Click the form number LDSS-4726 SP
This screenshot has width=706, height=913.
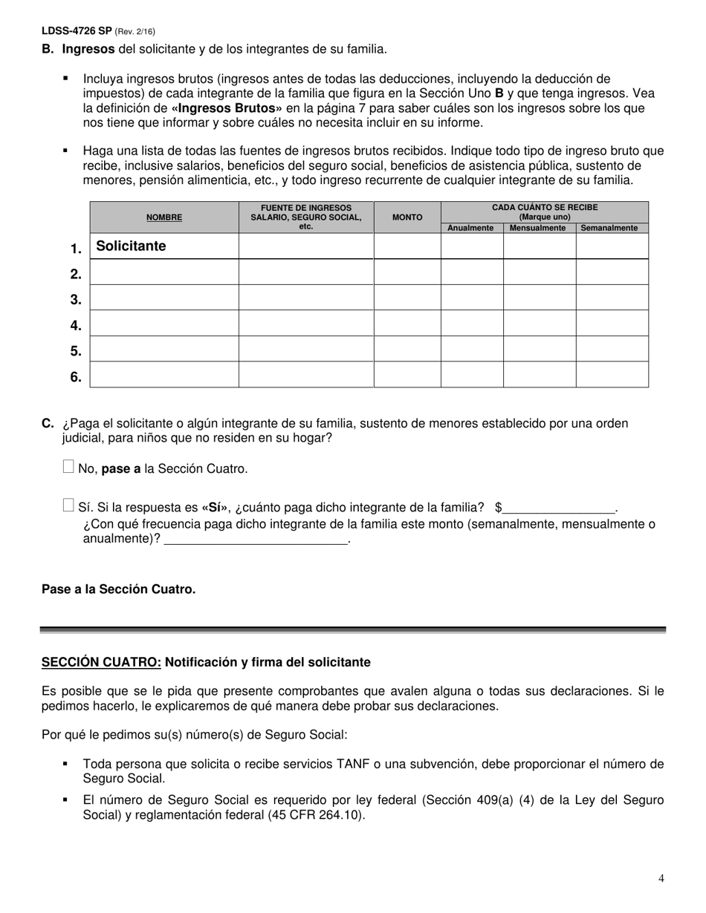77,31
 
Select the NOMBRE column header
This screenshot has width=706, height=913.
163,217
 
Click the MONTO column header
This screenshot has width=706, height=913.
407,217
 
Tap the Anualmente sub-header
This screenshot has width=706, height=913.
471,228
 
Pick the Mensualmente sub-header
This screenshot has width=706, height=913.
539,228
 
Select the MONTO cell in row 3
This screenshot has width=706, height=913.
407,298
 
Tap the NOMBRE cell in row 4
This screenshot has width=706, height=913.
163,323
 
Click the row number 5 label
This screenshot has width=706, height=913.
76,350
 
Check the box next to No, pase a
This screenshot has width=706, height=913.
68,467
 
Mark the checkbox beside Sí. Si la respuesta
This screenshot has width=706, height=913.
68,505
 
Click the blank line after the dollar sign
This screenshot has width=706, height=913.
560,508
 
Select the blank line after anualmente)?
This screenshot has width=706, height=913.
256,540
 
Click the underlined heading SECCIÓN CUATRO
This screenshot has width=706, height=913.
101,661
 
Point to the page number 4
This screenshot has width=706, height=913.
661,879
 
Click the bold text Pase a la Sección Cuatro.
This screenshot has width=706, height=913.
119,589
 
